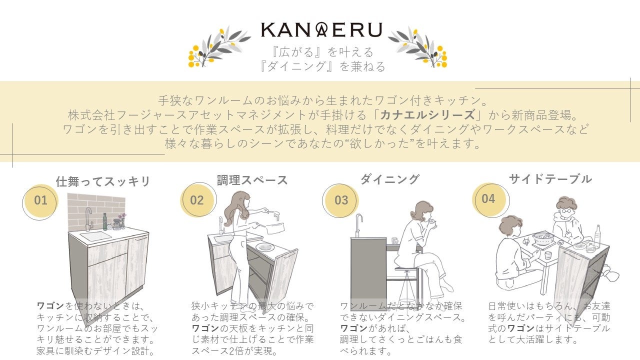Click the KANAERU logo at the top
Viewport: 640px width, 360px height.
click(x=321, y=29)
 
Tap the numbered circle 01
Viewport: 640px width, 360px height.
click(x=40, y=201)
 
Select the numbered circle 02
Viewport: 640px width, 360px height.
click(x=198, y=199)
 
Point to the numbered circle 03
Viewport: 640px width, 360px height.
click(x=340, y=200)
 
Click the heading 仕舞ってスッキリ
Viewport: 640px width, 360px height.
click(x=103, y=181)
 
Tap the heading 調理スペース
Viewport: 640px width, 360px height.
click(x=252, y=180)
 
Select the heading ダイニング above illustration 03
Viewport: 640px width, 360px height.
click(x=390, y=179)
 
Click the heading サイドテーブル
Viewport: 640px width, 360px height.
click(x=550, y=179)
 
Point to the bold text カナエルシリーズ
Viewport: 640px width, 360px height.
click(x=427, y=115)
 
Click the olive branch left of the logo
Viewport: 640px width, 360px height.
click(x=219, y=47)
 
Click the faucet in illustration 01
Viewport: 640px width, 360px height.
click(x=89, y=219)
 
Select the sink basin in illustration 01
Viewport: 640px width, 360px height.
click(x=96, y=236)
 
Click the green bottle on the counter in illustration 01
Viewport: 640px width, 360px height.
click(x=105, y=221)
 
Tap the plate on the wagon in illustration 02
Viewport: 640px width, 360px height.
click(x=265, y=247)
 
